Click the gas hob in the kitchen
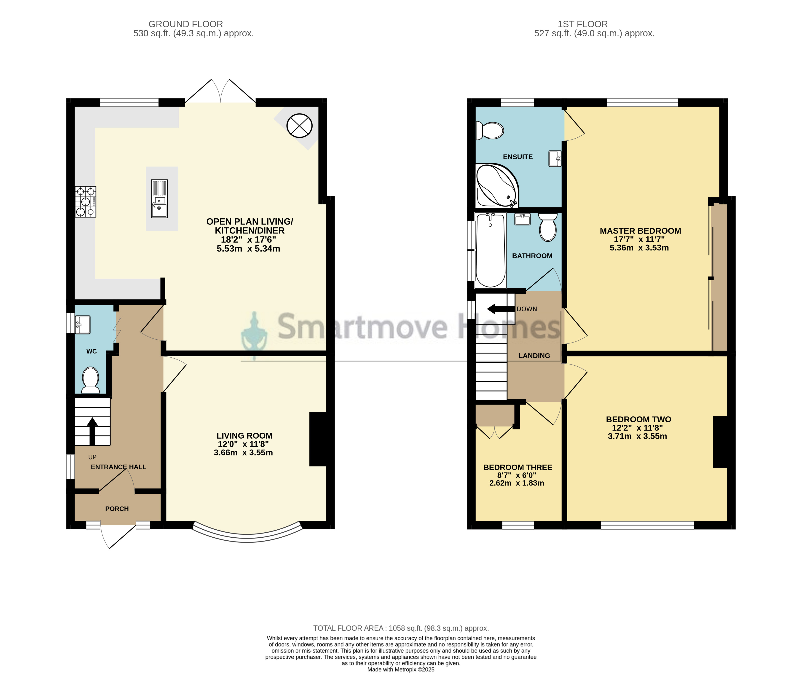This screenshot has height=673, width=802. point(86,202)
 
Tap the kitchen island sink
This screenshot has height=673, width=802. point(159,199)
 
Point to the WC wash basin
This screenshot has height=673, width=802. point(83,325)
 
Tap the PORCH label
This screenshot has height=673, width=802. point(117,509)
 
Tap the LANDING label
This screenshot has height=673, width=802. point(534,356)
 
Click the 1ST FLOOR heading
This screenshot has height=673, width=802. point(582,24)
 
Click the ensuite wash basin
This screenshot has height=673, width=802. point(555,158)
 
